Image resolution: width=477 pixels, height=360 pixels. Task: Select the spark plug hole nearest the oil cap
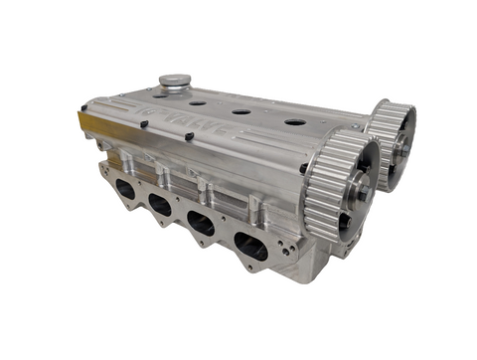pos(197,101)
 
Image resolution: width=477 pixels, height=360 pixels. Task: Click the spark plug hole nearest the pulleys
pos(295,122)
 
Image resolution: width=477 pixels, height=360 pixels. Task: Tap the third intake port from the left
pos(202,225)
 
